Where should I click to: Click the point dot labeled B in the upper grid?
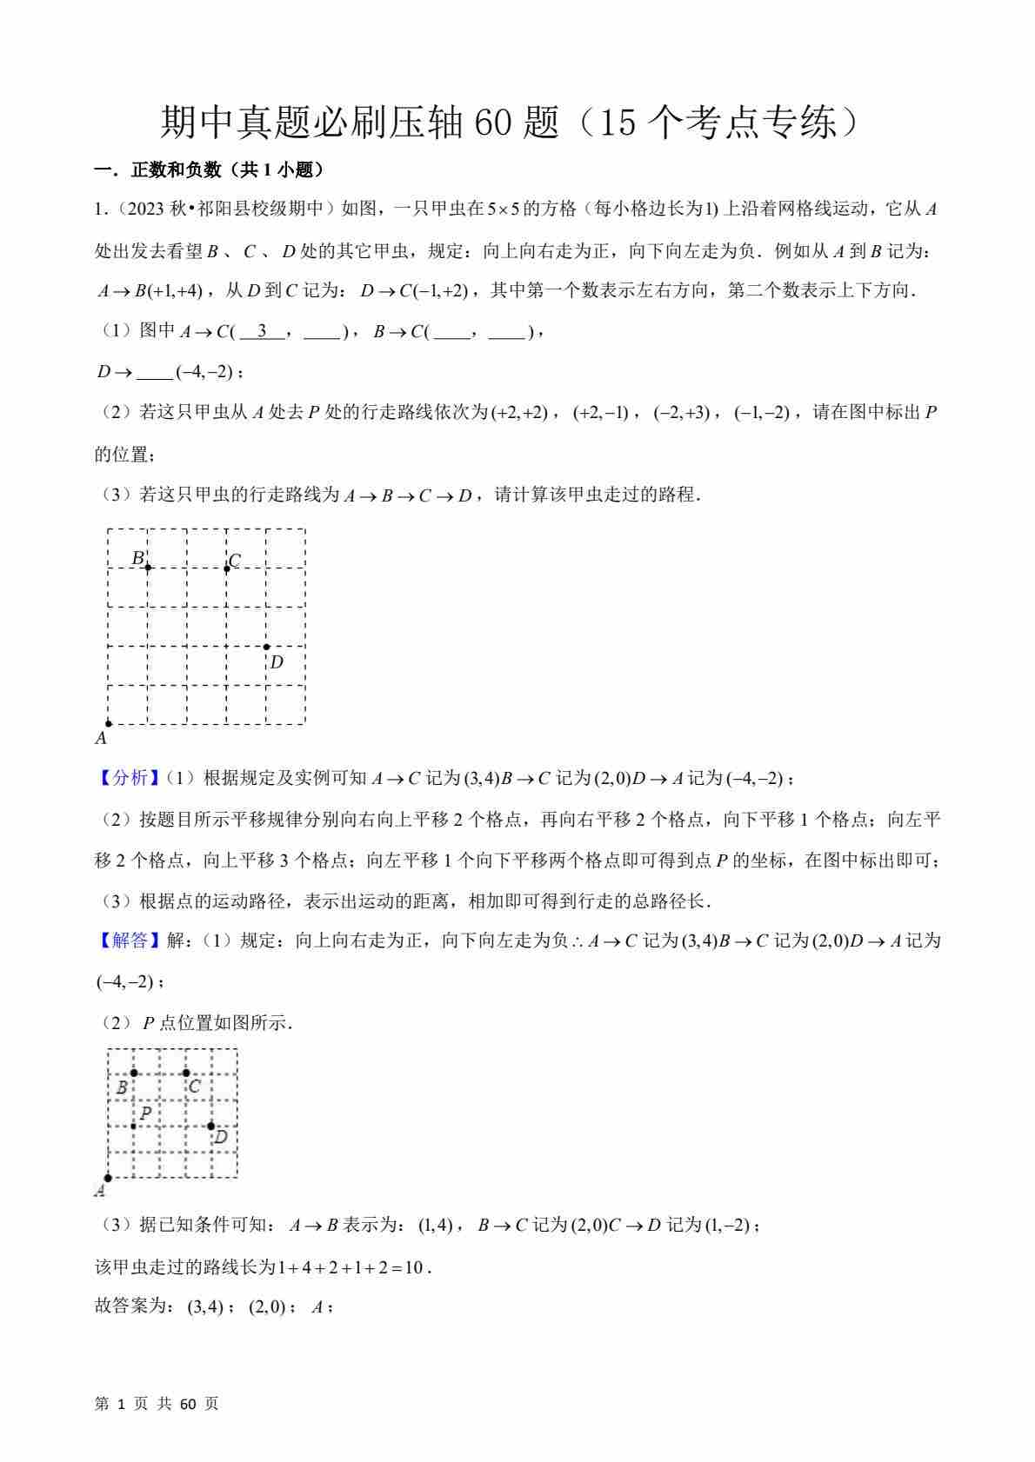148,568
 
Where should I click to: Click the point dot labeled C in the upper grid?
227,568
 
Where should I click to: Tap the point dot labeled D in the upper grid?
266,647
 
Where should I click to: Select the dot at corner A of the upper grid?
108,723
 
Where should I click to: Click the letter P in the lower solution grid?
145,1113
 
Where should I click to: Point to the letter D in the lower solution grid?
221,1137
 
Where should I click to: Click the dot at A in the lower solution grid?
108,1178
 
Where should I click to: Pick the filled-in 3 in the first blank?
261,331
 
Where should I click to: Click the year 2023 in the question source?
147,209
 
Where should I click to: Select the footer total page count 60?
188,1404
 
